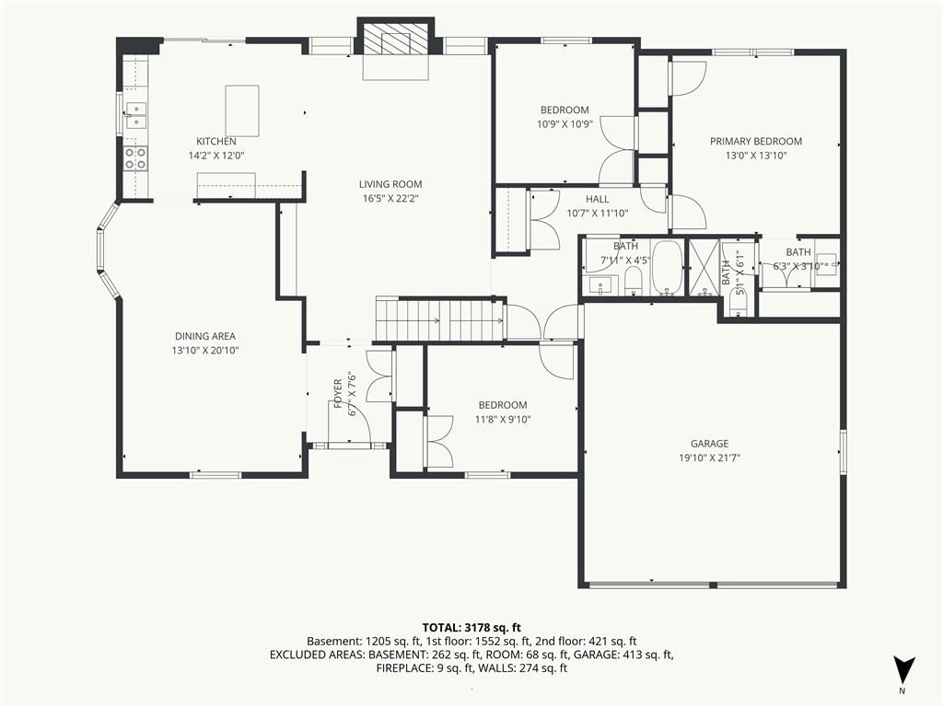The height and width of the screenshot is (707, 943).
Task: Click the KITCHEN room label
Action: (216, 141)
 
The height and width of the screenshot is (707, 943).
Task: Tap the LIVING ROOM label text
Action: (390, 184)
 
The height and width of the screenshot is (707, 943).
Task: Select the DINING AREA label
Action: (205, 336)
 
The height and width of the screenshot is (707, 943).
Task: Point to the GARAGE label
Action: (709, 443)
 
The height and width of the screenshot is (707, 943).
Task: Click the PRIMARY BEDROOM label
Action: (756, 141)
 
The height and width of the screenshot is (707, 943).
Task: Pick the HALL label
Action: (597, 199)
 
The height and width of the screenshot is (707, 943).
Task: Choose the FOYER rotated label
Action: (338, 393)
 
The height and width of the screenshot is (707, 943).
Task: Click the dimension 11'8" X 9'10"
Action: (503, 420)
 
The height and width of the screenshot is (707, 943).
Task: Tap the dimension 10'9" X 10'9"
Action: (565, 124)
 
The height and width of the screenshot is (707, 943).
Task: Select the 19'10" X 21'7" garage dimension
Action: (710, 458)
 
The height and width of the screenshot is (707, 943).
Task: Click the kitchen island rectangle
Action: (242, 111)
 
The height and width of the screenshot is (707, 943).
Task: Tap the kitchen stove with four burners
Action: (135, 158)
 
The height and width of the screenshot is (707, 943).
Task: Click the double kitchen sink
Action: (136, 116)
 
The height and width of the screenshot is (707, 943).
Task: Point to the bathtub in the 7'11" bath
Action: (668, 268)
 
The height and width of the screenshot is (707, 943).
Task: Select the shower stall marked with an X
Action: (704, 268)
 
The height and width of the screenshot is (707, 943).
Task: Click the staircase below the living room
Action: (440, 319)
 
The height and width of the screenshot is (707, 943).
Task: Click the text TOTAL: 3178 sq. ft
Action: (471, 628)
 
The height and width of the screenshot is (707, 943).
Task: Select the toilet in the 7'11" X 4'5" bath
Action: (634, 282)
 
